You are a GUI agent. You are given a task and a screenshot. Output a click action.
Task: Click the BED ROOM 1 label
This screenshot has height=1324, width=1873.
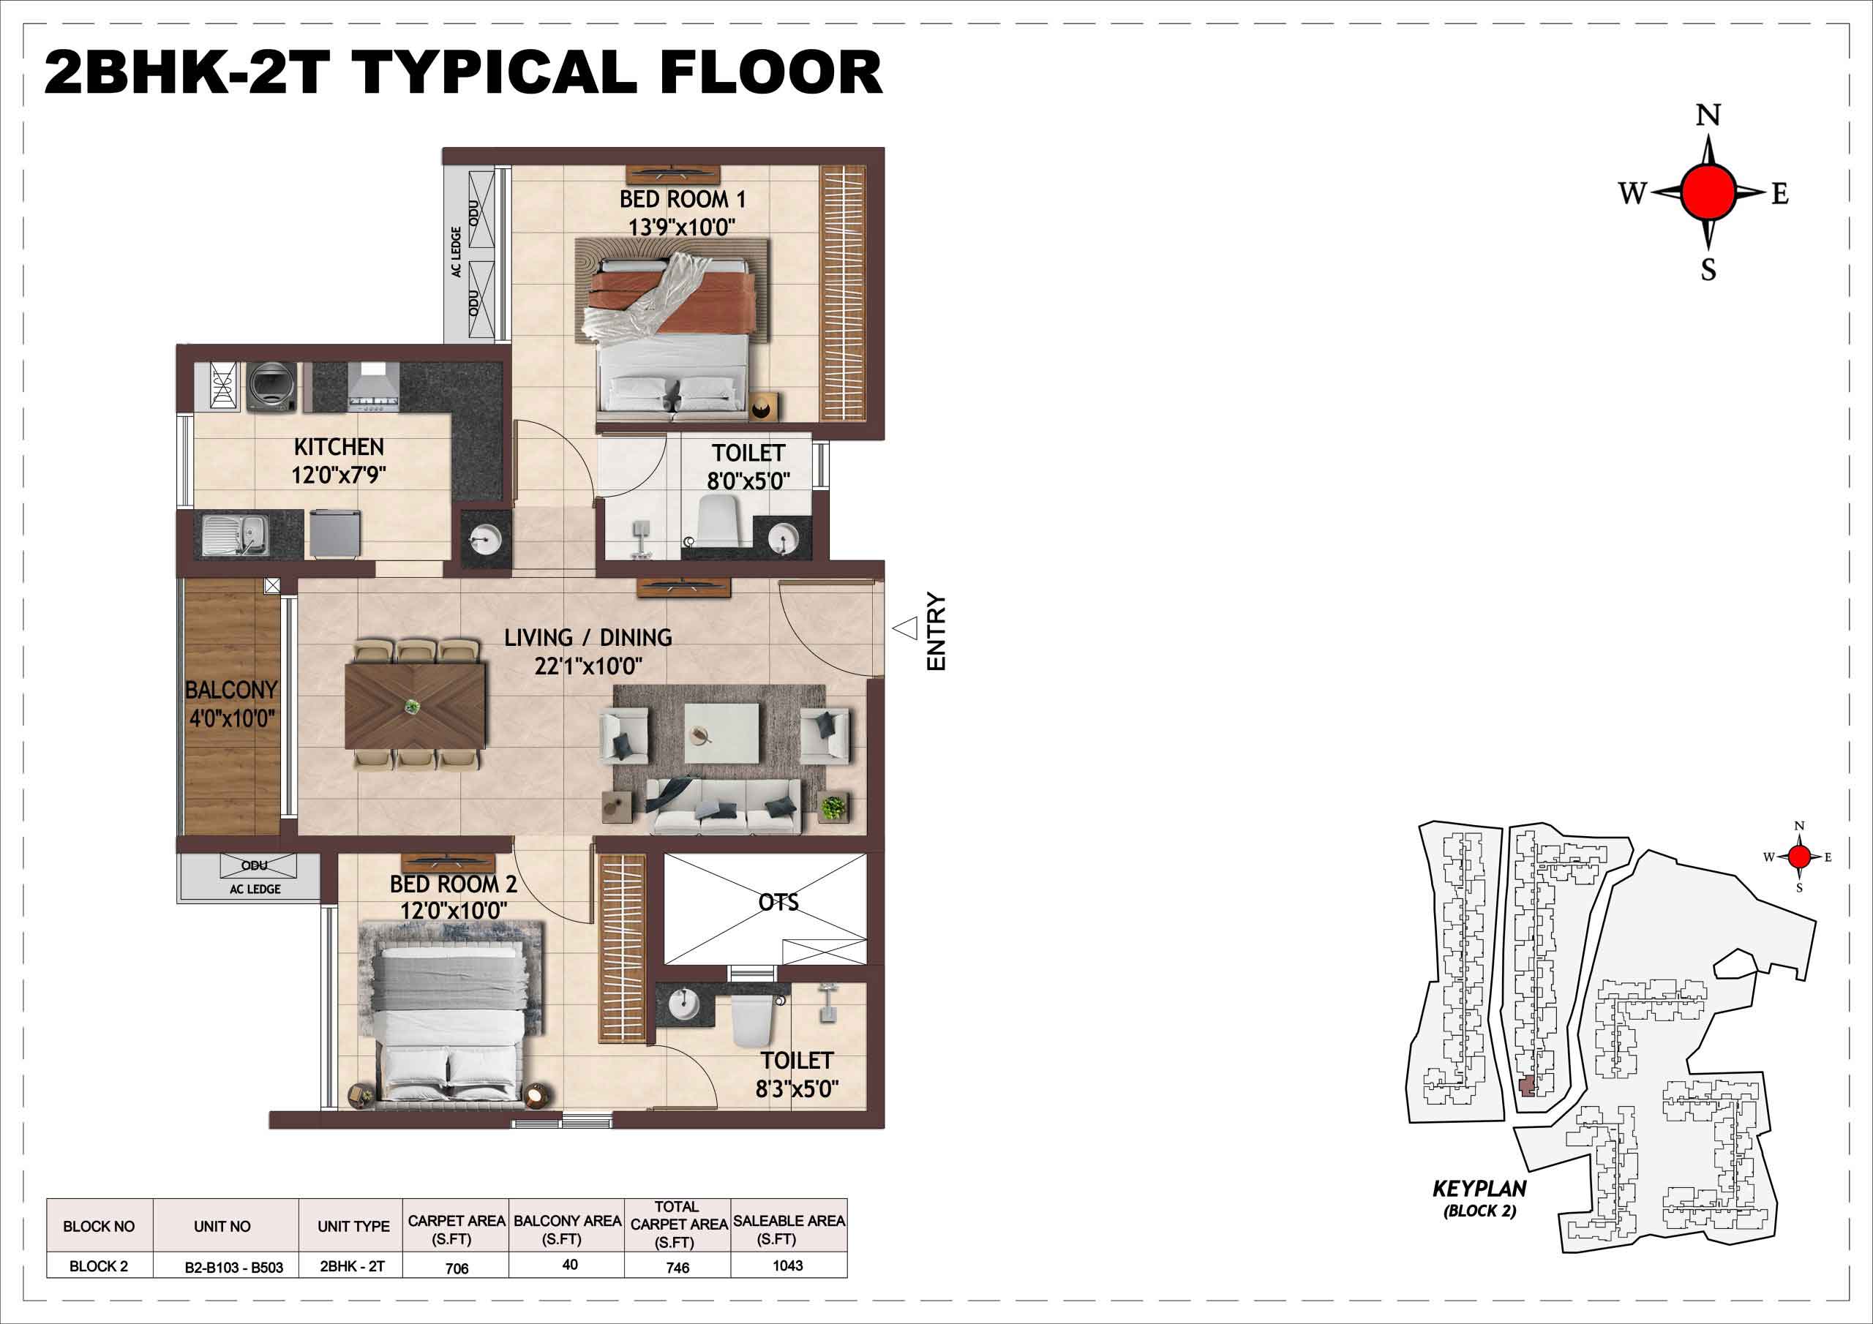pos(682,199)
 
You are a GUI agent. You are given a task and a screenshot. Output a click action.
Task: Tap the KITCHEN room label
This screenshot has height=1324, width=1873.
pos(339,447)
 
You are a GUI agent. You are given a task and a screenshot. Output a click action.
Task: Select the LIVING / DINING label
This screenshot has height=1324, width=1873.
pos(588,638)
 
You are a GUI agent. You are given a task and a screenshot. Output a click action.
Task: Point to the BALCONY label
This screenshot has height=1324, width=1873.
pos(231,690)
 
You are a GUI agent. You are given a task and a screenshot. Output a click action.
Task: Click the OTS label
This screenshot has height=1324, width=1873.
pos(778,902)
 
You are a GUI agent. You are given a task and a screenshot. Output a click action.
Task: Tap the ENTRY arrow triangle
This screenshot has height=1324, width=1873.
pos(906,628)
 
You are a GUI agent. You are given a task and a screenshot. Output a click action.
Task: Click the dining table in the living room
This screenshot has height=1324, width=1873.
pos(416,706)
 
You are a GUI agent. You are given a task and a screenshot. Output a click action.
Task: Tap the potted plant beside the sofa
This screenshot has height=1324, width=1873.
pos(832,808)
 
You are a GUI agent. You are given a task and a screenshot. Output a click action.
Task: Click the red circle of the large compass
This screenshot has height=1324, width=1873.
pos(1708,192)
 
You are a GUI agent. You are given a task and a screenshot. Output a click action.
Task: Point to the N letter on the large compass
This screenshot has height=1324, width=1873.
pos(1708,116)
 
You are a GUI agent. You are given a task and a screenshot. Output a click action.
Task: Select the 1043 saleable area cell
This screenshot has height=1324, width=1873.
pos(788,1265)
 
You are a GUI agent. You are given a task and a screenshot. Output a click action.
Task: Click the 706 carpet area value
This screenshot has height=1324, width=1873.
pos(457,1268)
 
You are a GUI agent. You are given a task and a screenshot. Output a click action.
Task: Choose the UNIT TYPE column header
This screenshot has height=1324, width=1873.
pos(354,1226)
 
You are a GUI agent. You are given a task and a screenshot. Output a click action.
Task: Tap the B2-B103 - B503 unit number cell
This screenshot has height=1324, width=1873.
pos(234,1268)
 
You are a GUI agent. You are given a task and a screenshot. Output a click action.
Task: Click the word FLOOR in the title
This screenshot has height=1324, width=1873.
pos(772,72)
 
